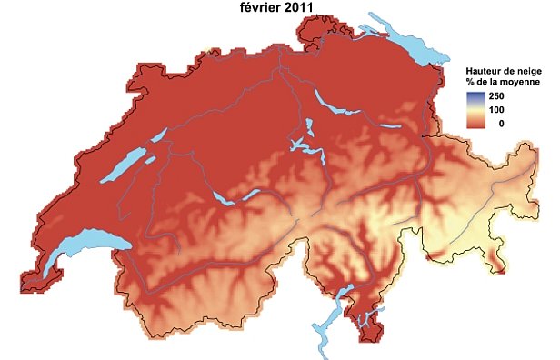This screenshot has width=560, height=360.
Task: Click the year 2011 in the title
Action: [295, 8]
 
